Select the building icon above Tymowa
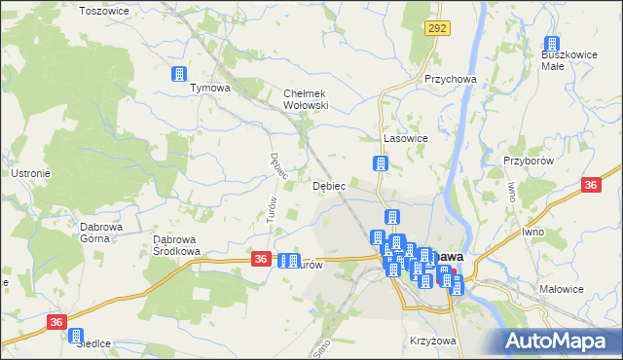(x=179, y=74)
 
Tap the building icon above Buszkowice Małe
(x=552, y=45)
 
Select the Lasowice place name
(x=407, y=139)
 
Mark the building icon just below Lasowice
(x=382, y=164)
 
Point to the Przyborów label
(x=529, y=161)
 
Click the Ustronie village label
(x=30, y=173)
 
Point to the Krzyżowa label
(x=433, y=342)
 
